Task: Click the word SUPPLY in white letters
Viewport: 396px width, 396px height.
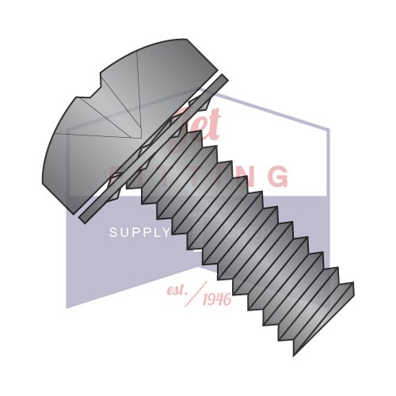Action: tap(139, 232)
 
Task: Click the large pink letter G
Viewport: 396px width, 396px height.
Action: tap(275, 177)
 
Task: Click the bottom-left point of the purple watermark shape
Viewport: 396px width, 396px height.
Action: tap(67, 307)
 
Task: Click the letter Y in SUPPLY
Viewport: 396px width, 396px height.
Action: tap(166, 232)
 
